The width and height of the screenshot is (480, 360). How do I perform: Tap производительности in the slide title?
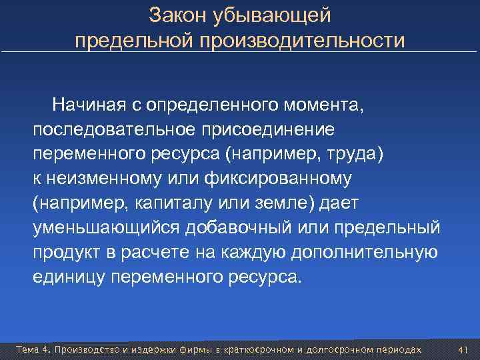(x=299, y=41)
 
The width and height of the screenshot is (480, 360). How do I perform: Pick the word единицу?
(x=68, y=277)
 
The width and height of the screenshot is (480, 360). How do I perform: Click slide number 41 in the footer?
(x=464, y=349)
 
